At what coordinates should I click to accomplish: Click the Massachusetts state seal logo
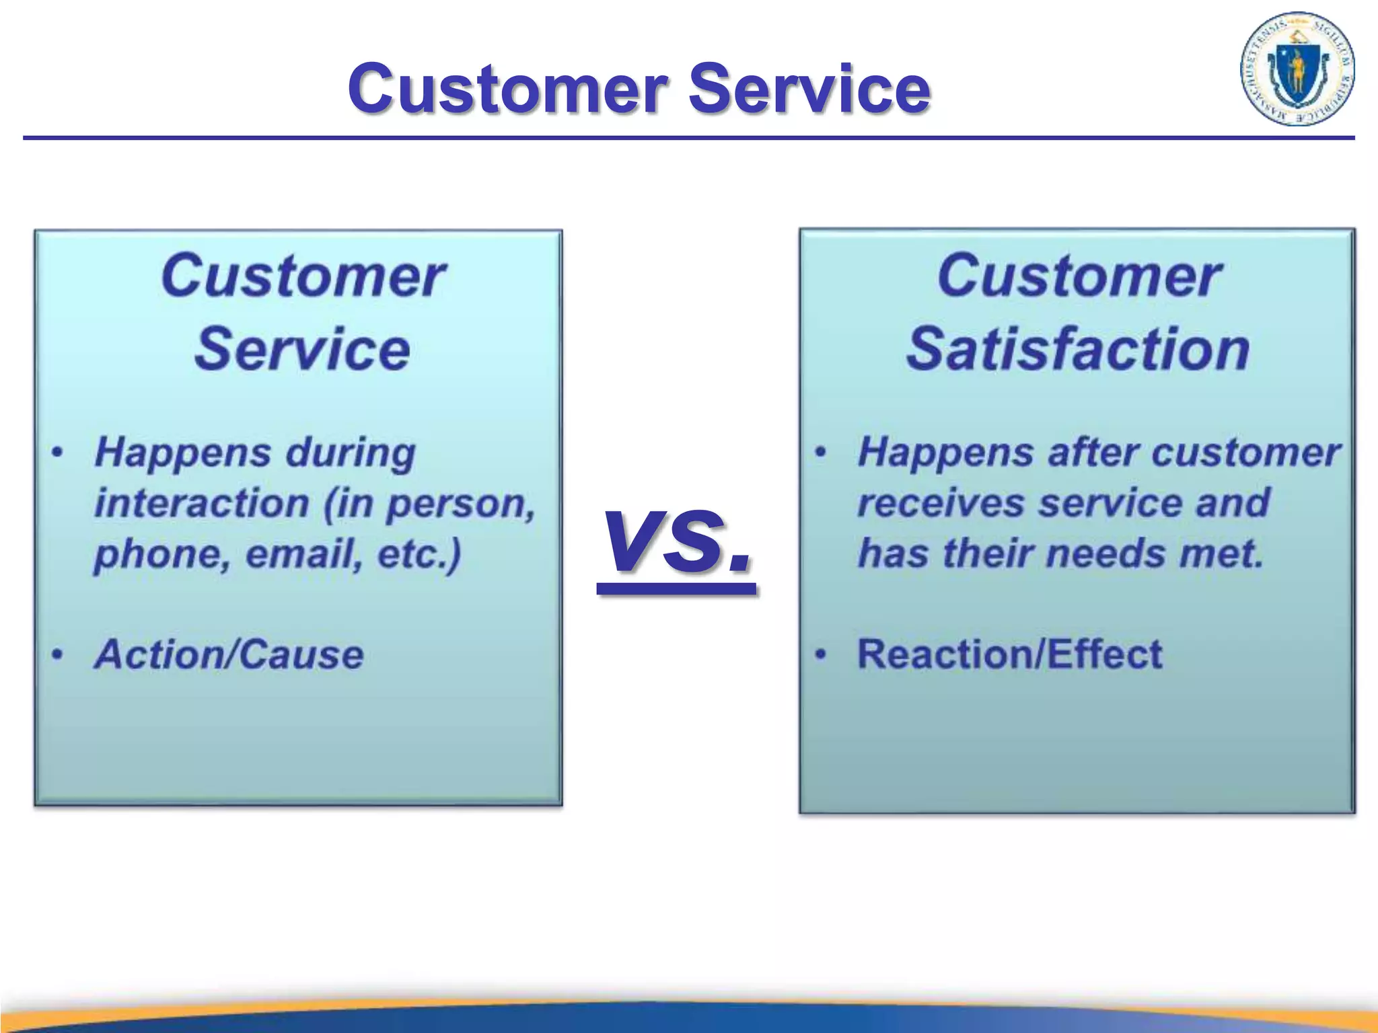click(x=1297, y=69)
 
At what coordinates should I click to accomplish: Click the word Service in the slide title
click(x=809, y=88)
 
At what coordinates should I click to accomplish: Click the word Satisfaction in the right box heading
click(x=1078, y=349)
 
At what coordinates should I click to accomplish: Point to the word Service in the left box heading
click(x=302, y=349)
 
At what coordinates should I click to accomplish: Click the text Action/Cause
click(x=229, y=654)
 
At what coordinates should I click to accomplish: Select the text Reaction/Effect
click(x=1009, y=654)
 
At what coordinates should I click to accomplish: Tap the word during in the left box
click(x=351, y=453)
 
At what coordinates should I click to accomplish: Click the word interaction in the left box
click(x=202, y=503)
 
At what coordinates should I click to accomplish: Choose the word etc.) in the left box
click(x=420, y=553)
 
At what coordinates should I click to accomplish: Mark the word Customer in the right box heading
click(x=1079, y=276)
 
